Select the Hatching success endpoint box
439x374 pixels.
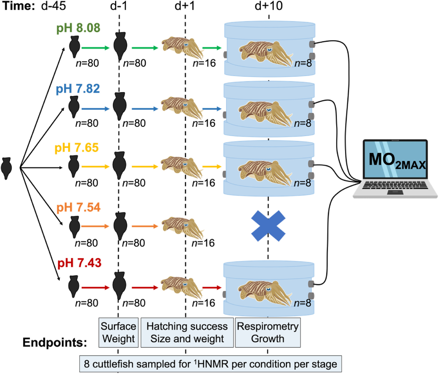coord(187,332)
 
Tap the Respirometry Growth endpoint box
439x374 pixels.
coord(268,332)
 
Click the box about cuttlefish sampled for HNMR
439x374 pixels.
coord(210,364)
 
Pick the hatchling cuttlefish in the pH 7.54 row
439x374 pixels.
coord(179,227)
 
